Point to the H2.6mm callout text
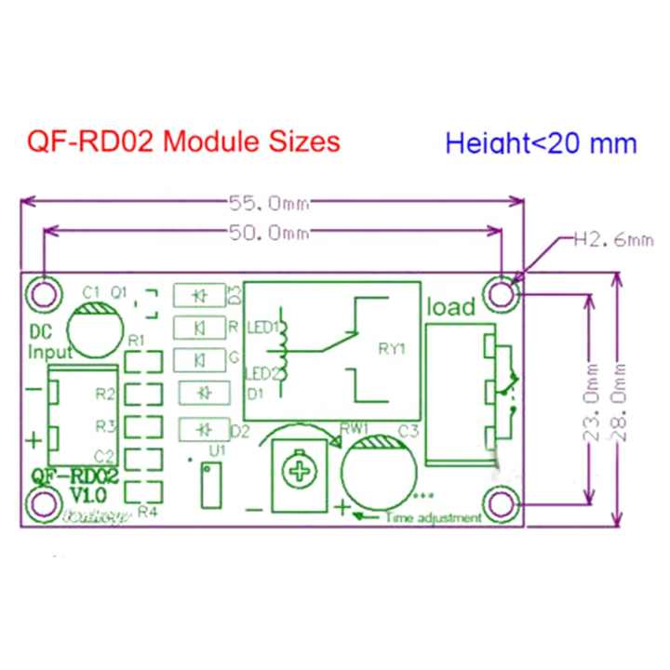(612, 240)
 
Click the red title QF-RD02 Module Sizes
(183, 142)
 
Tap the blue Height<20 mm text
(541, 143)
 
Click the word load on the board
(450, 306)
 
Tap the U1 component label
(218, 449)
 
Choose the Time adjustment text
(433, 516)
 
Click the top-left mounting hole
(42, 292)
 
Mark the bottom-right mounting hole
(503, 503)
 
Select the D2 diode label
(239, 430)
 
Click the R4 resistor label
(147, 511)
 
